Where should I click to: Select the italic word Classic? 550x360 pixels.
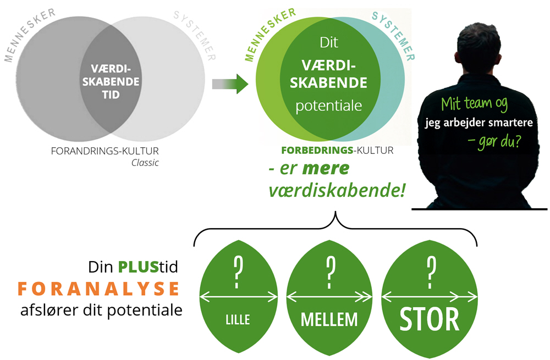[x=145, y=162]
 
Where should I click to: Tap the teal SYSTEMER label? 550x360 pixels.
[x=394, y=32]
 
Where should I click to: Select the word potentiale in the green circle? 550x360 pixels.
[x=329, y=106]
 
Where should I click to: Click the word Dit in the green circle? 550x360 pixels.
[x=328, y=41]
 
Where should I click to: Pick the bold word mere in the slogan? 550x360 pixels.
[x=328, y=169]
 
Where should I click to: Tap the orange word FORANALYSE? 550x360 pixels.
[x=99, y=288]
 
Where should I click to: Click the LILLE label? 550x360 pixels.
[x=238, y=319]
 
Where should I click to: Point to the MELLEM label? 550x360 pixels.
[x=329, y=319]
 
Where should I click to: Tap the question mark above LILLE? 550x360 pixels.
[x=238, y=270]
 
